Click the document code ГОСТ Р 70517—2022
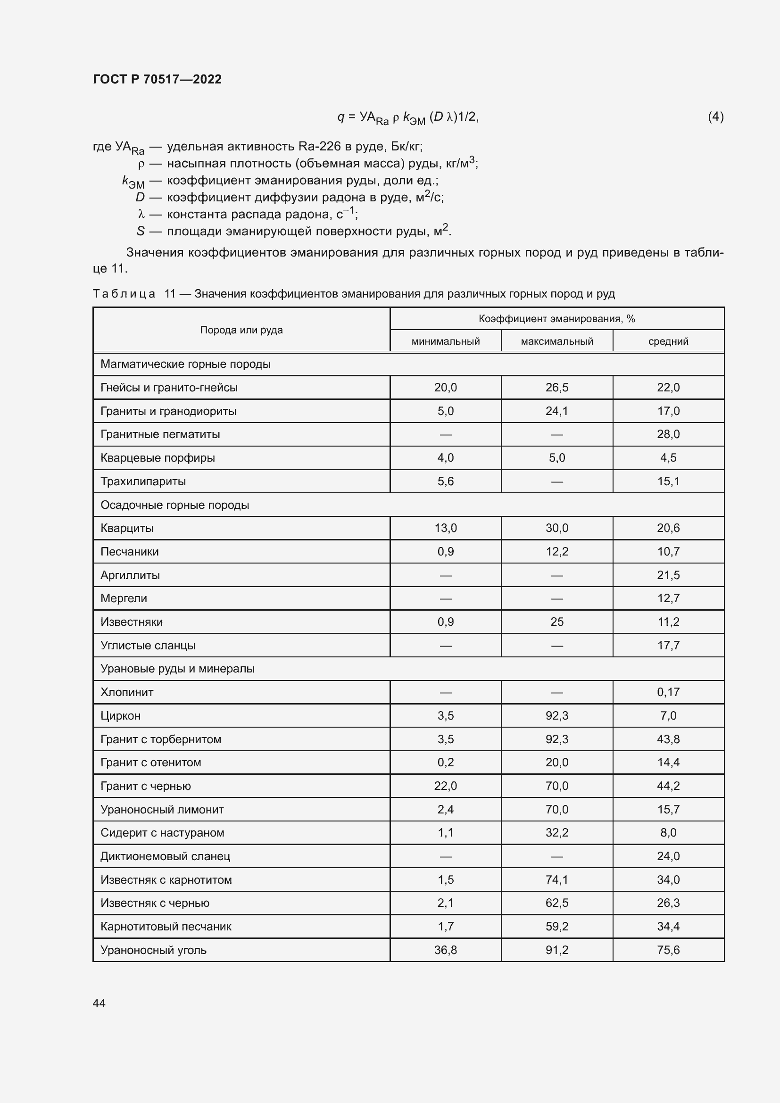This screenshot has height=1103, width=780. tap(157, 79)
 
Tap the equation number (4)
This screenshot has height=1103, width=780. tap(715, 117)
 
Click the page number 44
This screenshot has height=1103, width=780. tap(99, 1003)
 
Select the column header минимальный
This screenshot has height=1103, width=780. tap(445, 341)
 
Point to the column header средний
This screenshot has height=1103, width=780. tap(668, 341)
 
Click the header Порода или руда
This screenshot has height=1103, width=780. tap(241, 330)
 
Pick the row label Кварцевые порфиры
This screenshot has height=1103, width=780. tap(158, 458)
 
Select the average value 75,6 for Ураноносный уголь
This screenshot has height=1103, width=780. tap(668, 950)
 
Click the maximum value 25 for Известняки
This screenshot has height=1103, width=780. tap(556, 622)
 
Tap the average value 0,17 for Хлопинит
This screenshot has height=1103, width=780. tap(668, 692)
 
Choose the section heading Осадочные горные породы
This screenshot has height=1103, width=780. tap(175, 505)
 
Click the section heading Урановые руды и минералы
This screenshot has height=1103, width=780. tap(177, 669)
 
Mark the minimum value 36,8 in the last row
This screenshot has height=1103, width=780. tap(445, 950)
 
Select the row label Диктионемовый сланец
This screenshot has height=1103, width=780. tap(165, 856)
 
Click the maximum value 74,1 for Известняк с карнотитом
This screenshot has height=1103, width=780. tap(556, 880)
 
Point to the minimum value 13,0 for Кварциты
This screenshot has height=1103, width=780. tap(445, 529)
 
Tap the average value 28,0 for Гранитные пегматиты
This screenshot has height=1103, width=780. tap(668, 434)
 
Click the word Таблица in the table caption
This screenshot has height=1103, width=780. tap(124, 294)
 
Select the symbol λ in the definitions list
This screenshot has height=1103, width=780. tap(141, 214)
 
